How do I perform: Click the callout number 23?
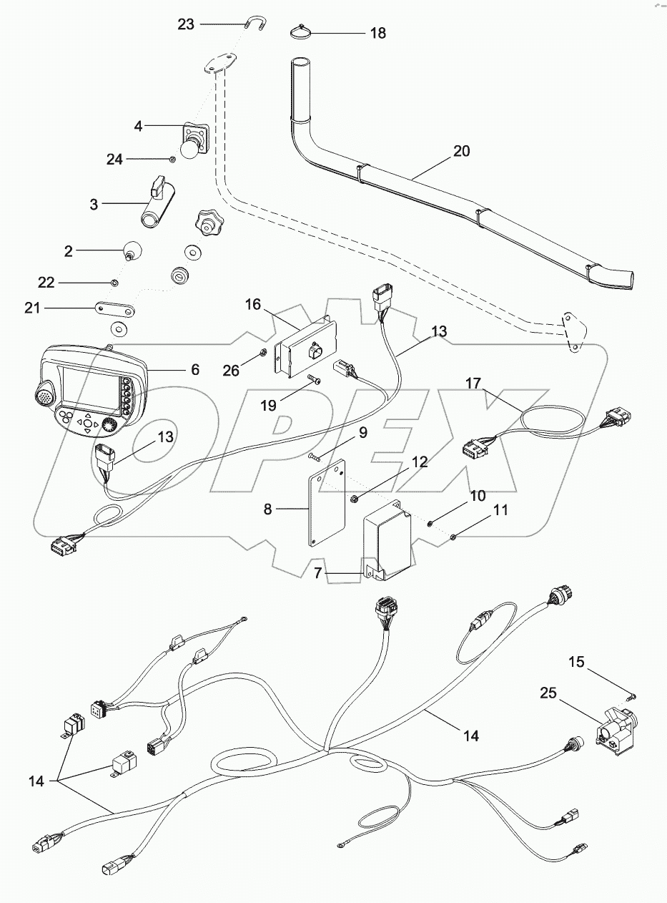(186, 24)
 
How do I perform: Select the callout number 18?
(377, 34)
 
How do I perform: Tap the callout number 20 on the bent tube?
(462, 151)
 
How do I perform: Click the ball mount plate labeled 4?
(195, 140)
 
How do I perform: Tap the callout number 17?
(475, 383)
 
